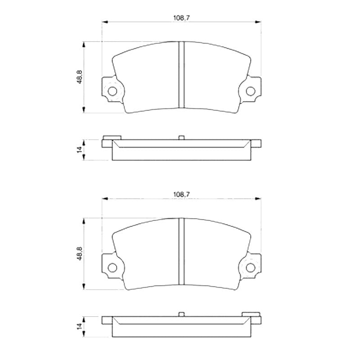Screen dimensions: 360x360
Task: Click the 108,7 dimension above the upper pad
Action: point(181,18)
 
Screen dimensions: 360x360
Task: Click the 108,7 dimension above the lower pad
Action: point(181,194)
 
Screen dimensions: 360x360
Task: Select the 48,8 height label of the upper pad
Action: point(80,77)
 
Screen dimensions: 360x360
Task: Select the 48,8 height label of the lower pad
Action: point(80,253)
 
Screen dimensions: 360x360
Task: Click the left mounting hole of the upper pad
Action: point(112,91)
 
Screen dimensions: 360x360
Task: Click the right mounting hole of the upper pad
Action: point(251,91)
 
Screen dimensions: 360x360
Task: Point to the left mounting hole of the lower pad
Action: point(112,267)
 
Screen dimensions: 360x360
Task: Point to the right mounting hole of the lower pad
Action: point(251,267)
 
